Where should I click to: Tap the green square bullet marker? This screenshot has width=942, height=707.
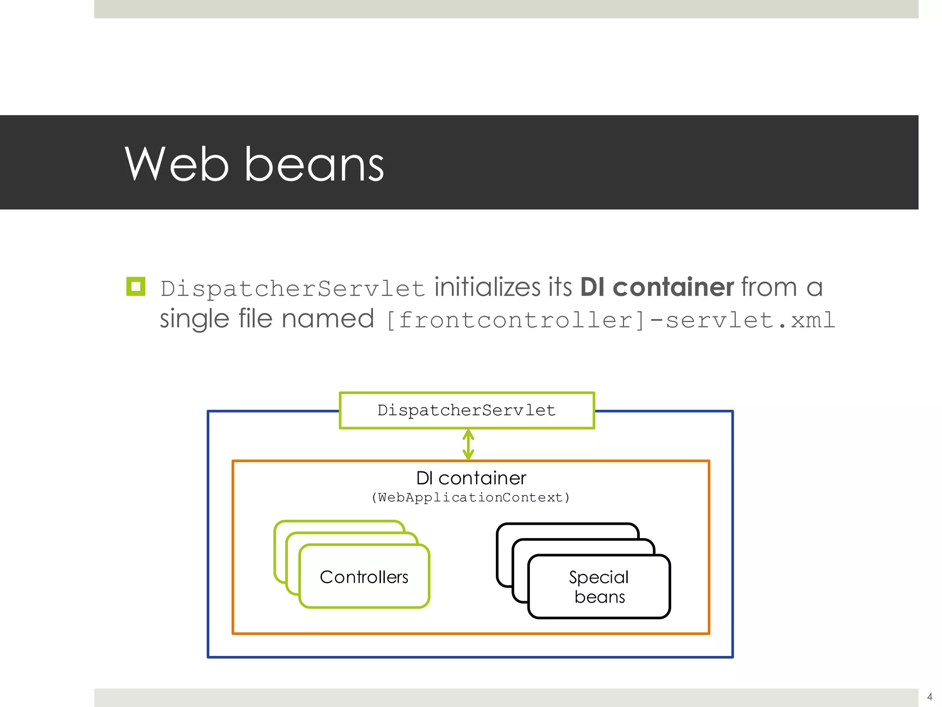136,287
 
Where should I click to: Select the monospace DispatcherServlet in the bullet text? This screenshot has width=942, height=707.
293,289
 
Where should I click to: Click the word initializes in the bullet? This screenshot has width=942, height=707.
487,287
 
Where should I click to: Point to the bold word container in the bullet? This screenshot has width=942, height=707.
673,287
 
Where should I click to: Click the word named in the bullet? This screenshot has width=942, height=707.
327,319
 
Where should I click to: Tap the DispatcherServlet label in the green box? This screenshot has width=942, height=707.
466,410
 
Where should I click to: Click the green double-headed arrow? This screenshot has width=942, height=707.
468,445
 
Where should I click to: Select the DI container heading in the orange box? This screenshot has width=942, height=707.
471,478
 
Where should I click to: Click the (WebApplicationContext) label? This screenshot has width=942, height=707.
471,498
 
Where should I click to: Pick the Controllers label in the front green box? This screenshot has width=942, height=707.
364,577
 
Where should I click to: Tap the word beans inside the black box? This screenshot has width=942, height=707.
599,597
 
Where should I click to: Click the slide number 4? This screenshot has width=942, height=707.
930,697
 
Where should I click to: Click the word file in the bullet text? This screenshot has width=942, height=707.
255,319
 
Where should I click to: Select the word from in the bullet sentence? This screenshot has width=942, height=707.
769,287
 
